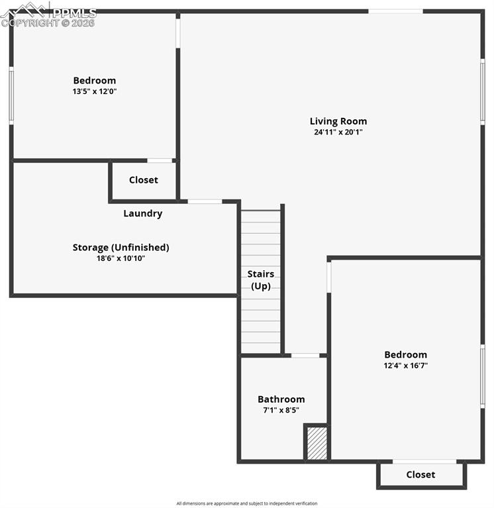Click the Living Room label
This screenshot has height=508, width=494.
point(338,121)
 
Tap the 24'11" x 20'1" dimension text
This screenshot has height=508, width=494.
point(338,132)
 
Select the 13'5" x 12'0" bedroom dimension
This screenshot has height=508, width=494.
point(95,91)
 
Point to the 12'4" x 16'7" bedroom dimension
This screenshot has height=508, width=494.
point(405,366)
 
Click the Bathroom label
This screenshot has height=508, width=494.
point(281,399)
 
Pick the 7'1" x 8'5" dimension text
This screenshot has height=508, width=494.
point(281,410)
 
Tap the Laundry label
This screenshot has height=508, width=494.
point(143,213)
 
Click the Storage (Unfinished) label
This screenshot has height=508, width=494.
point(121,248)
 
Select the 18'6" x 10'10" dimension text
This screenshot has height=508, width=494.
point(121,258)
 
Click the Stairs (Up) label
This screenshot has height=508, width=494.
point(261,280)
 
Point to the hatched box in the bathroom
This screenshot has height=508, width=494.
point(317,443)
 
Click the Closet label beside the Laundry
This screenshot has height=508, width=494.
point(144,179)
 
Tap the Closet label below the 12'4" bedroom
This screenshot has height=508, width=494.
point(420,475)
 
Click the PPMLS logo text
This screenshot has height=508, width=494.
point(75,13)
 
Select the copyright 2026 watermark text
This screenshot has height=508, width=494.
point(48,23)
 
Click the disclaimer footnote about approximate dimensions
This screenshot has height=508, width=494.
point(247,503)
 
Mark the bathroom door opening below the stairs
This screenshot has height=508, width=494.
point(305,356)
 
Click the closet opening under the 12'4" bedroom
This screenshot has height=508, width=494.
point(424,462)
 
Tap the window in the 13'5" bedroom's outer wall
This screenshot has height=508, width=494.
point(11,95)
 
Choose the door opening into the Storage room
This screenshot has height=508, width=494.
point(205,201)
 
